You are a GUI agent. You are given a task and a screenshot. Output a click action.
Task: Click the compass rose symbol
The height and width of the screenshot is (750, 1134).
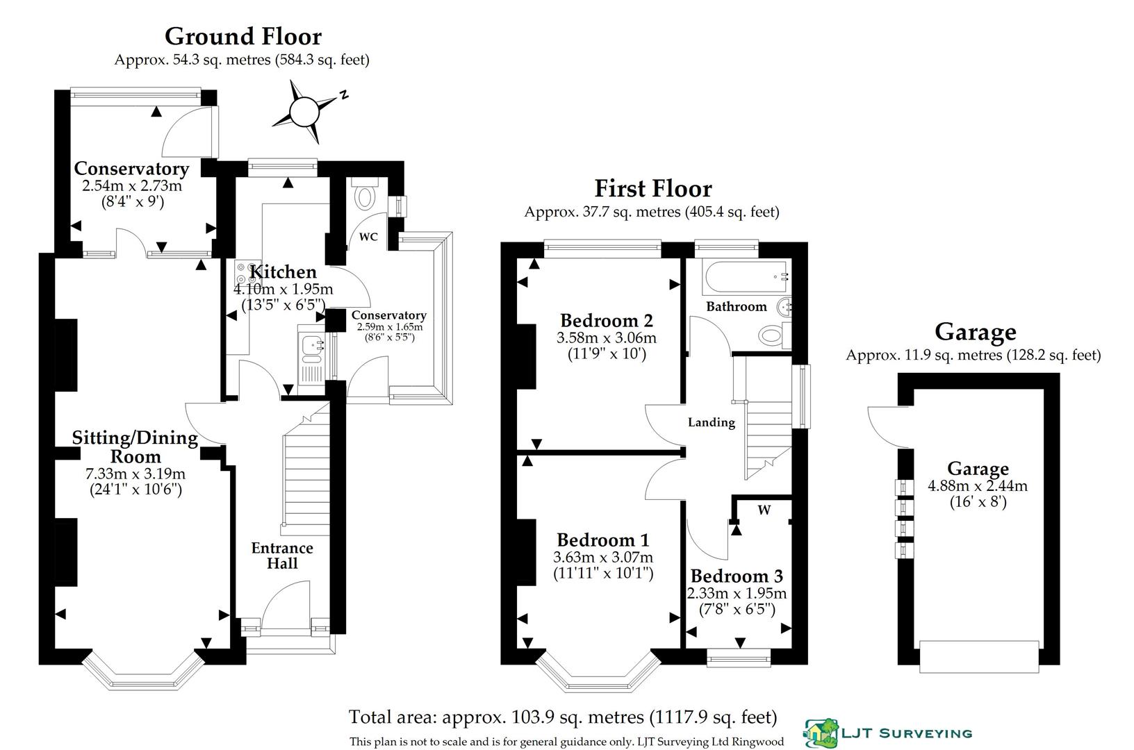point(304,111)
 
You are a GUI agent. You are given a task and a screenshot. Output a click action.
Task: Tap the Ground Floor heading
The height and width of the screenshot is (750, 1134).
point(243,36)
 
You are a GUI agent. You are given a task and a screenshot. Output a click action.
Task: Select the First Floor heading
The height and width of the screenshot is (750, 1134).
point(652,189)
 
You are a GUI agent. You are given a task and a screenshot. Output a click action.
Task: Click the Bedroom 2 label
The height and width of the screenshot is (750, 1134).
point(606,321)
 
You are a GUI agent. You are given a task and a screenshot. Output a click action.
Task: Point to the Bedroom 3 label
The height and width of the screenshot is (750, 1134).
point(737,576)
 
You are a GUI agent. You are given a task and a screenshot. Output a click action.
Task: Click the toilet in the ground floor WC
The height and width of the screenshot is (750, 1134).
point(363,196)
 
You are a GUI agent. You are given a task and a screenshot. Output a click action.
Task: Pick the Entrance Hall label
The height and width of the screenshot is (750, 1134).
point(282,556)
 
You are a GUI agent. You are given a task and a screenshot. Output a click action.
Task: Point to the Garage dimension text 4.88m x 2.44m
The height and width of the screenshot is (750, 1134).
point(978,486)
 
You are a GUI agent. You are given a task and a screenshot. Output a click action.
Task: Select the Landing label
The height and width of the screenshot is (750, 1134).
point(711,422)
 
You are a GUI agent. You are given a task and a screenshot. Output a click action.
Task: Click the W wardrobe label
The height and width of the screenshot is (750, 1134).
point(764,510)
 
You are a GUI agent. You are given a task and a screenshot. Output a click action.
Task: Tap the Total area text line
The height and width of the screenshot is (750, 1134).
point(562,717)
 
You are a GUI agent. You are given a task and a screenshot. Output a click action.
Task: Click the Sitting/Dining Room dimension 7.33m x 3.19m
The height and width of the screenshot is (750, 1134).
point(135,474)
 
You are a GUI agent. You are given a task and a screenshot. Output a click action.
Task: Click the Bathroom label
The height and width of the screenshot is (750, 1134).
point(736,306)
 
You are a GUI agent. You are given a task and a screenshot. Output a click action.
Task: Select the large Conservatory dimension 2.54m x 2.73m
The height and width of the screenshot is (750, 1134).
point(131,186)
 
